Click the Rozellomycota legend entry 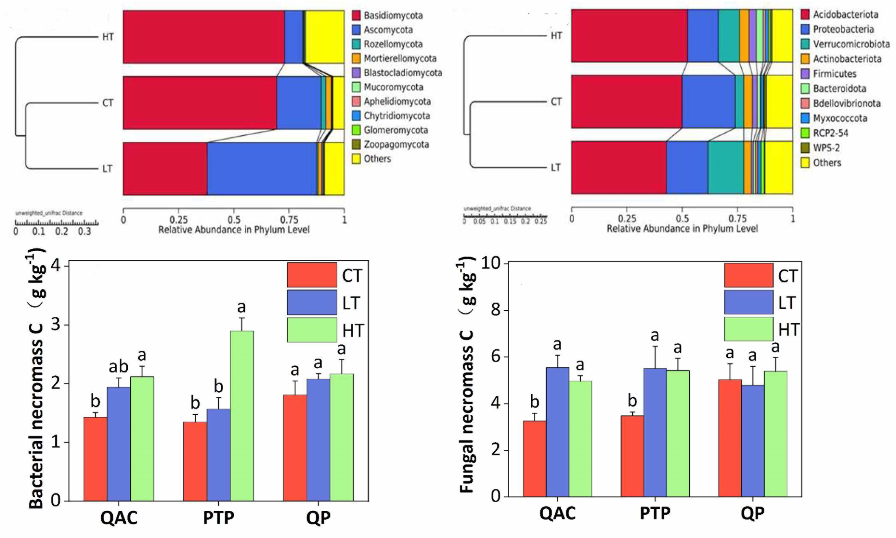[x=393, y=44]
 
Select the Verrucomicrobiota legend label [x=851, y=44]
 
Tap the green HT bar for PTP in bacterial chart [x=242, y=415]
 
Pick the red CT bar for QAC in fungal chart [x=534, y=458]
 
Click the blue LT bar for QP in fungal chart [x=753, y=441]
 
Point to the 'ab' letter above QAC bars [x=118, y=366]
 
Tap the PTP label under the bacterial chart [x=218, y=518]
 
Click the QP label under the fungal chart [x=752, y=513]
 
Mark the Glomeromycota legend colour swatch [x=356, y=130]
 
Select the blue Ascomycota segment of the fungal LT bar [x=262, y=169]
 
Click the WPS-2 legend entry [x=826, y=148]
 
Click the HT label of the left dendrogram [x=108, y=37]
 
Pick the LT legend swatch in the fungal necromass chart [x=748, y=302]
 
